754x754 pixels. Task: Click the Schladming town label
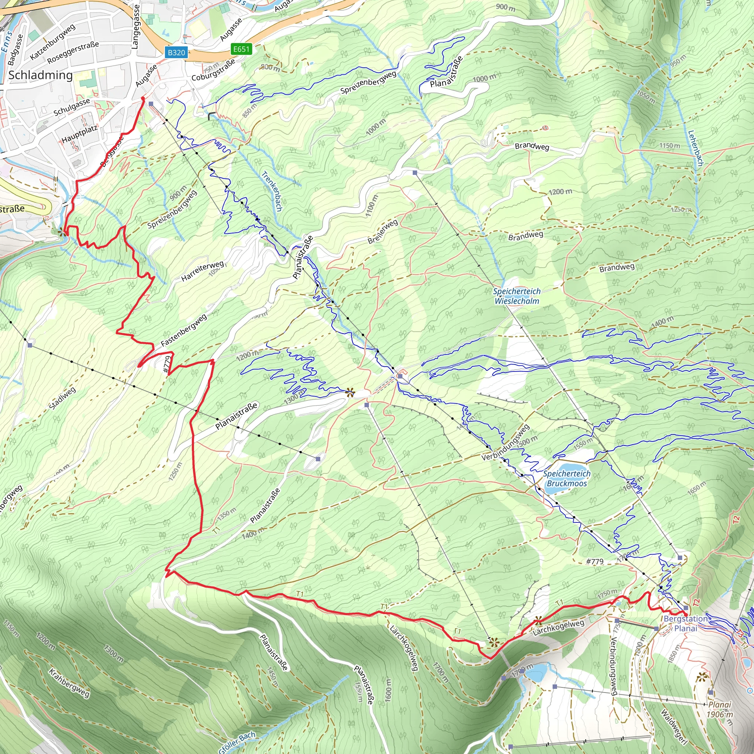coord(40,75)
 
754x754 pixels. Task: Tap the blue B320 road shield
coord(176,52)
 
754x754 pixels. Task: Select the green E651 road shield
coord(241,49)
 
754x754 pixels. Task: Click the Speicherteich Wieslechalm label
coord(517,296)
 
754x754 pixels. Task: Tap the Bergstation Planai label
coord(685,624)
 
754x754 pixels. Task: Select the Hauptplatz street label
coord(80,134)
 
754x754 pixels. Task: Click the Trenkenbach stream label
coord(272,191)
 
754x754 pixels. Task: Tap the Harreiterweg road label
coord(202,271)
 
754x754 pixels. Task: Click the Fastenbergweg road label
coord(184,330)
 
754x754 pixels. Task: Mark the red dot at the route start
coord(143,99)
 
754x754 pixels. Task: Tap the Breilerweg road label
coord(383,232)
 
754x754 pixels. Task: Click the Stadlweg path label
coord(63,398)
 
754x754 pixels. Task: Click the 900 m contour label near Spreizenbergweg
coord(178,193)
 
